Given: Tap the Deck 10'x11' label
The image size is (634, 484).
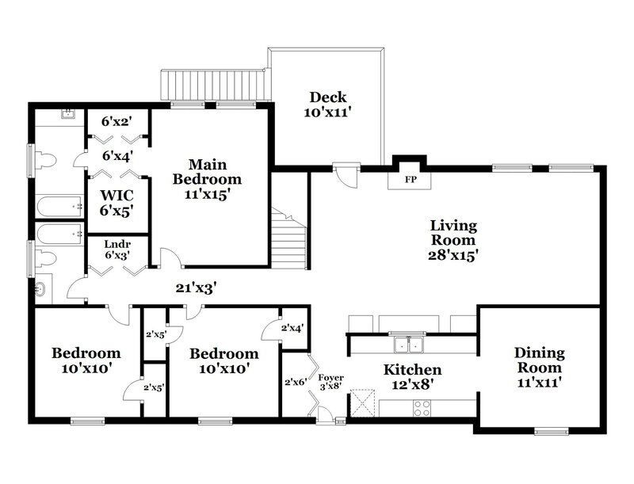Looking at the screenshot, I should (327, 105).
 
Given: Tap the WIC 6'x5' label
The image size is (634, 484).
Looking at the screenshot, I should (116, 202).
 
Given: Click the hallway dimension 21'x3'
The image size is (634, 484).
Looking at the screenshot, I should (197, 288).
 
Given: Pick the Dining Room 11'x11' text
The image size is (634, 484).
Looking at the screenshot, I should (538, 368).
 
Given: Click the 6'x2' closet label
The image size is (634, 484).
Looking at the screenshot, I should (116, 122).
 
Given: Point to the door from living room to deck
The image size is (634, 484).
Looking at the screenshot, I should (346, 172).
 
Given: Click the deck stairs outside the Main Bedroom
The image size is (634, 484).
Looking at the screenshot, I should (212, 84).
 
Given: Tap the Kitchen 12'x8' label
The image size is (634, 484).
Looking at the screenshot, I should (412, 377).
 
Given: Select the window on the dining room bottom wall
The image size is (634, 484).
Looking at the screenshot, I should (547, 431).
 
